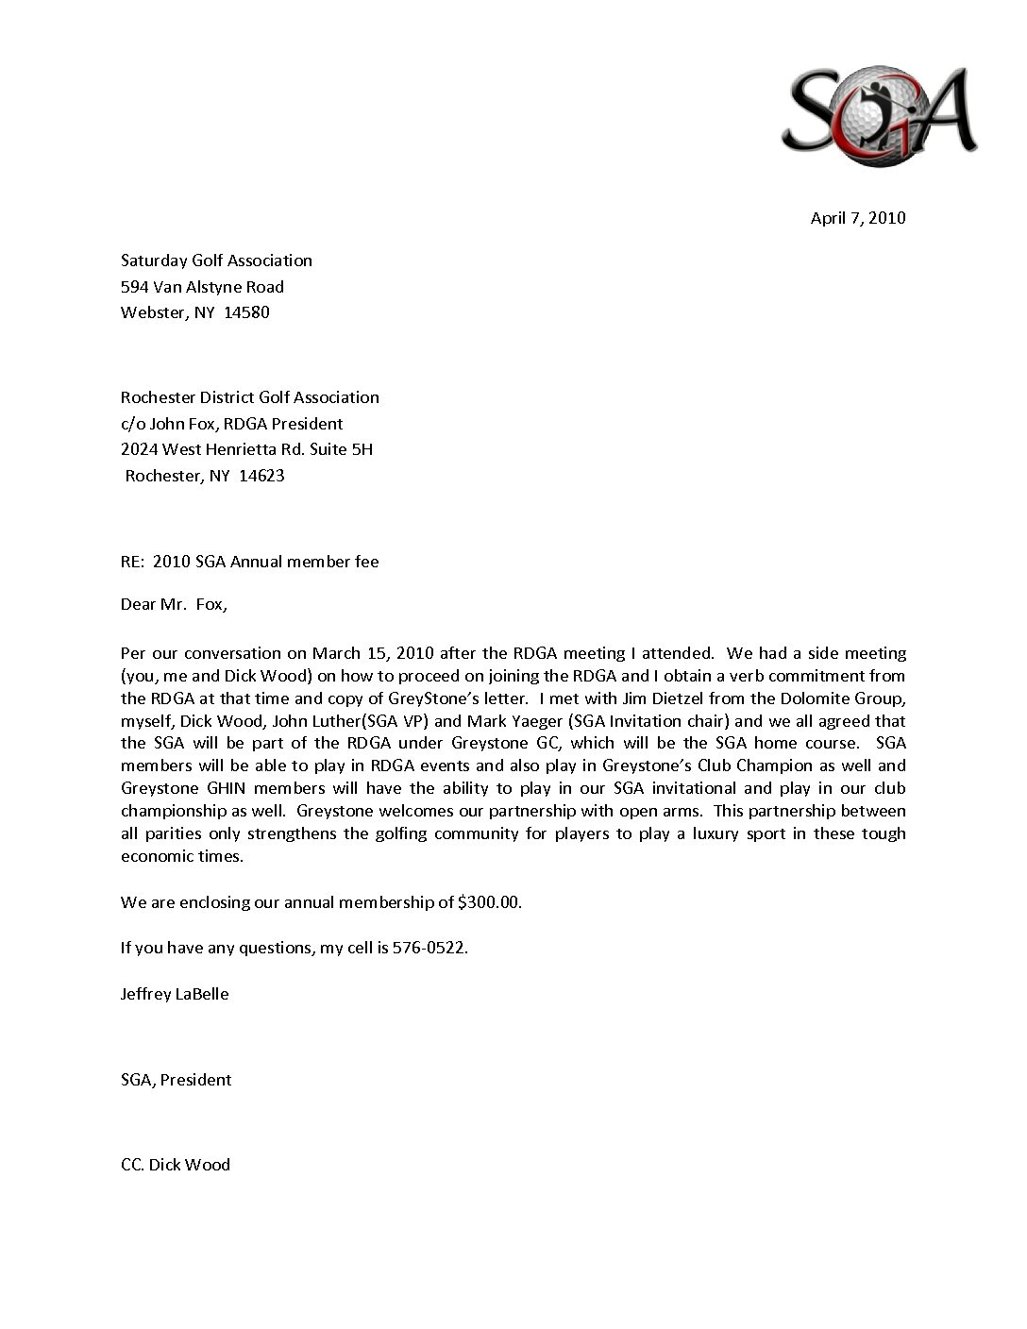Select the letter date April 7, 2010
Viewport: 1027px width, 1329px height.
[x=857, y=218]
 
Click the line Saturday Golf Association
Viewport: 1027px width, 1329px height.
[x=216, y=261]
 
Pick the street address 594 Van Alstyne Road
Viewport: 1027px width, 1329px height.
[x=202, y=287]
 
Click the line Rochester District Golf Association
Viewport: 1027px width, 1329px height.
[x=249, y=397]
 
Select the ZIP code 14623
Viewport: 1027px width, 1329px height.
[x=261, y=476]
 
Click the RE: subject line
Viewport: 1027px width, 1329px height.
[x=249, y=562]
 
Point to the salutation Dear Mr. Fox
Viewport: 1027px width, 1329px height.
[x=174, y=604]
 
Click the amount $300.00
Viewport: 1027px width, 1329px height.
[x=488, y=902]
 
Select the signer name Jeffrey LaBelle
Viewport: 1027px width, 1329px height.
[x=175, y=994]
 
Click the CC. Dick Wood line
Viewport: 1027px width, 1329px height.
[x=175, y=1165]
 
